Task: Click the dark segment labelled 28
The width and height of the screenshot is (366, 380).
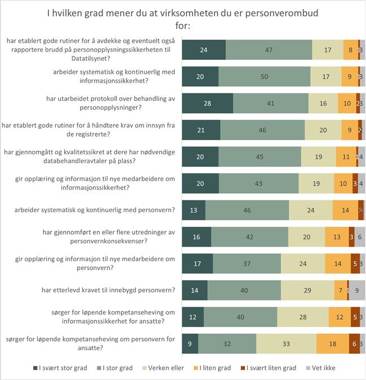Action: pyautogui.click(x=208, y=103)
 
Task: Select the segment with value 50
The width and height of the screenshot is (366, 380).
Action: pyautogui.click(x=264, y=77)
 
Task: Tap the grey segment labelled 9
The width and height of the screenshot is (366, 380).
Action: pyautogui.click(x=357, y=290)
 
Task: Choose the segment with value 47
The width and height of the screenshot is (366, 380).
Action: pyautogui.click(x=269, y=50)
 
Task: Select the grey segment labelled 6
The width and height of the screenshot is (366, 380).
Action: pyautogui.click(x=359, y=237)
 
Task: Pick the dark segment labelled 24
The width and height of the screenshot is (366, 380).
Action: pyautogui.click(x=204, y=50)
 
